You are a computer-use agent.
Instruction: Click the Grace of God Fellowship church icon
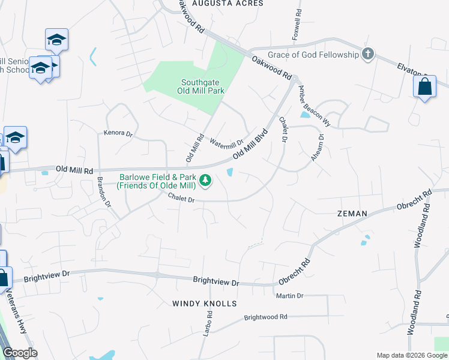[x=368, y=55]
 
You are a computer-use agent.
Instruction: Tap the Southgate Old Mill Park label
[x=203, y=86]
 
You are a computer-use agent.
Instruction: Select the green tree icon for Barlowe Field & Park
[x=205, y=180]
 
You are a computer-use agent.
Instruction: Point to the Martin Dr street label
[x=290, y=296]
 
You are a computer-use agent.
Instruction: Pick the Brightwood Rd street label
[x=266, y=317]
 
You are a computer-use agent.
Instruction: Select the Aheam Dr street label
[x=318, y=146]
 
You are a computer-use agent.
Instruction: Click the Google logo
[x=20, y=353]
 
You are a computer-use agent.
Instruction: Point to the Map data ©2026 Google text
[x=412, y=355]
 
